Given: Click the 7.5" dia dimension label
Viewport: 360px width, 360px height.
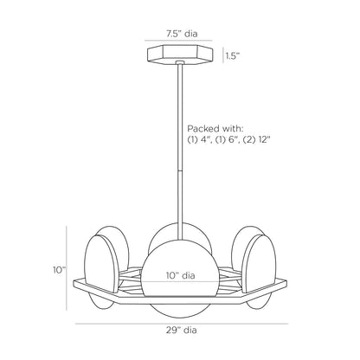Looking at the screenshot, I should click(x=180, y=35).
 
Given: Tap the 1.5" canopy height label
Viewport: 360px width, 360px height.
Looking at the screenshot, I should click(x=233, y=56).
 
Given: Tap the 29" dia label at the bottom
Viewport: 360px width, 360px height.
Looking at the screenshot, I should click(x=180, y=330).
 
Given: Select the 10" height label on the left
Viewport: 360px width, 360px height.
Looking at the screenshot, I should click(x=57, y=269).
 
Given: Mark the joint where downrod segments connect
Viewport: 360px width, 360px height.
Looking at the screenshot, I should click(x=180, y=170).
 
